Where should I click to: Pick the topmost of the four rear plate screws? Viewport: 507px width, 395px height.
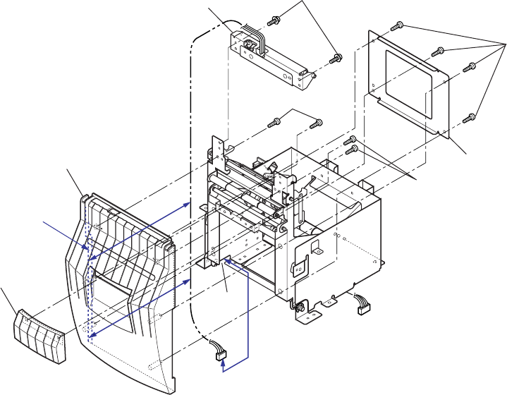click(398, 27)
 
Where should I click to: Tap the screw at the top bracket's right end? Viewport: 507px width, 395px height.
click(336, 56)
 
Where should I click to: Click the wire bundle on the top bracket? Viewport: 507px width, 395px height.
click(257, 39)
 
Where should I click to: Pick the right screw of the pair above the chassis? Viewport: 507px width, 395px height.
click(315, 125)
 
